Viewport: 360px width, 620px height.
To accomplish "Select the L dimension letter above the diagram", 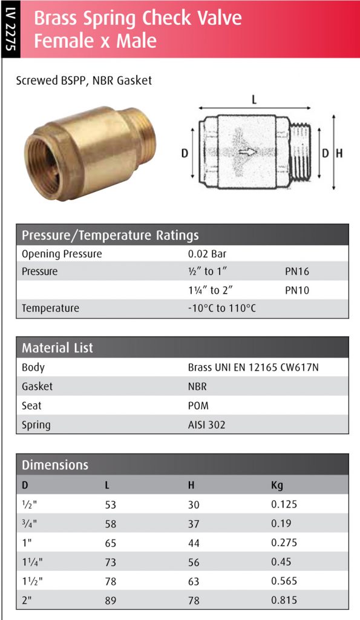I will [x=254, y=101].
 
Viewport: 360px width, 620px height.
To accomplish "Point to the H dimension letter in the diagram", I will [x=339, y=154].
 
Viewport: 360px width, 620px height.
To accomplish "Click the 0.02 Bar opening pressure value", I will [x=207, y=254].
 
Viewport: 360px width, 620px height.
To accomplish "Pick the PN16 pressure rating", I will [x=297, y=272].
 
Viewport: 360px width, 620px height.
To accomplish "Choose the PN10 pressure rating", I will [x=297, y=291].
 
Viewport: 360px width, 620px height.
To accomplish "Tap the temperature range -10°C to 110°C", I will [x=222, y=309].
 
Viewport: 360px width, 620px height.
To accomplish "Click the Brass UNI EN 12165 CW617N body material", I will [x=253, y=368].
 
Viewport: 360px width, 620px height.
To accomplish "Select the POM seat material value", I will [x=198, y=406].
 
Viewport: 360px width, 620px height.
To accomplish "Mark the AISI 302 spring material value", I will [x=206, y=425].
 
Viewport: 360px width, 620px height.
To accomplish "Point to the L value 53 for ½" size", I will [x=110, y=504].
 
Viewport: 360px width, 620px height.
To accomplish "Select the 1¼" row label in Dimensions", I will [x=33, y=562].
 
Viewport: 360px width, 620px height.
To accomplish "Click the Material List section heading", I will [x=57, y=348].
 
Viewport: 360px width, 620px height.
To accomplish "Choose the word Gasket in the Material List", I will [x=37, y=386].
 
